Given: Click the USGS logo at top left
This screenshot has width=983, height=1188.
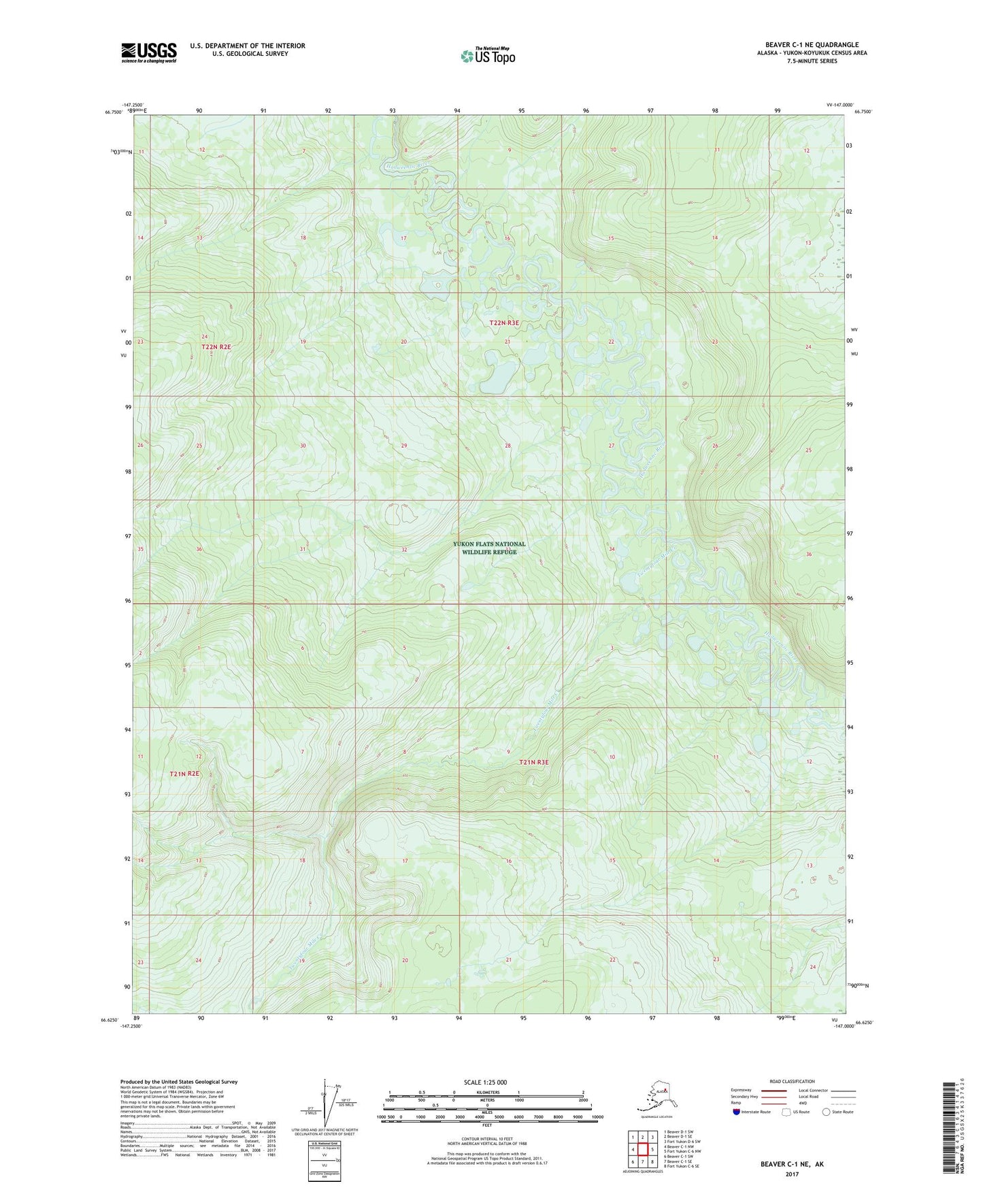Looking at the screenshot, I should pos(148,52).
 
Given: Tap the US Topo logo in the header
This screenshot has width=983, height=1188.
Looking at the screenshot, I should pos(487,56).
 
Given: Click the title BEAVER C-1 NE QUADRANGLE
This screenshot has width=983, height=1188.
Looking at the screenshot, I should pos(812,45).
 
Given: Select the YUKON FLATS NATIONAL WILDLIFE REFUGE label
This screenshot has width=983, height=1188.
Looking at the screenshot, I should pos(489,548).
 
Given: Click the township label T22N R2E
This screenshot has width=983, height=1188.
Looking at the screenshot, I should pos(216,347).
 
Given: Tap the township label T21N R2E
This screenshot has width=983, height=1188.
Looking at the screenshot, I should pos(184,774).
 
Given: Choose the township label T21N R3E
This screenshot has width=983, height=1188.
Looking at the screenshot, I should pos(533,762).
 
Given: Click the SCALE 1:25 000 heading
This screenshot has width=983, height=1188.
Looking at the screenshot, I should pos(486,1083).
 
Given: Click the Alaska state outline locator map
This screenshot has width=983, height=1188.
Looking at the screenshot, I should pos(654,1098).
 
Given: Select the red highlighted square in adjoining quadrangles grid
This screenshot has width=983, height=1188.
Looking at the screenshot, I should pos(642,1150).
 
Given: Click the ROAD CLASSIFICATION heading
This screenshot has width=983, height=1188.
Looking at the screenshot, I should pos(792,1081).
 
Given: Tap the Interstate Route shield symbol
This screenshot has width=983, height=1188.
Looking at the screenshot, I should pos(737,1112).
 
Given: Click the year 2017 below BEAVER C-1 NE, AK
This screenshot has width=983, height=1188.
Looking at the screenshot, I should pos(792,1174).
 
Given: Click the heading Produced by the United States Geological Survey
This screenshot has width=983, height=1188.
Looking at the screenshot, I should pos(179,1081).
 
